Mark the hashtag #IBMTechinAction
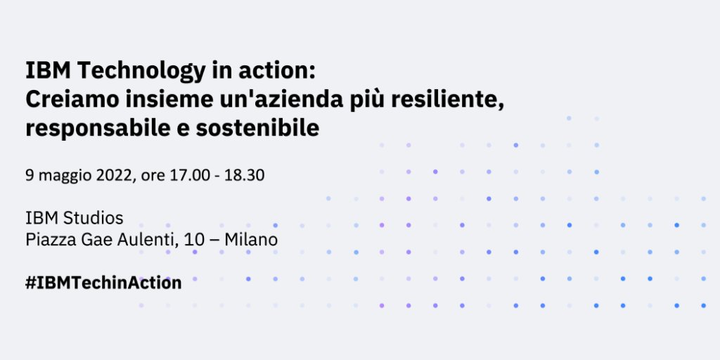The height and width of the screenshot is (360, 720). (103, 283)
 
